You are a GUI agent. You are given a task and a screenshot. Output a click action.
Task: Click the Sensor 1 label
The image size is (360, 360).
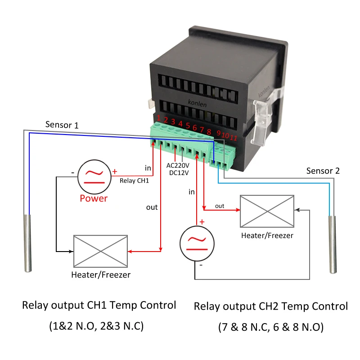pyautogui.click(x=62, y=125)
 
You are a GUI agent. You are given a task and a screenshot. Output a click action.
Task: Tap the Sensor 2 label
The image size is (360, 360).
pyautogui.click(x=323, y=171)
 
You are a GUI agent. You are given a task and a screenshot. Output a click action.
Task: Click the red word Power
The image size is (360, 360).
pyautogui.click(x=94, y=198)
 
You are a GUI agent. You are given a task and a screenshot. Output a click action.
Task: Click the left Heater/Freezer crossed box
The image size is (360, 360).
pyautogui.click(x=100, y=251)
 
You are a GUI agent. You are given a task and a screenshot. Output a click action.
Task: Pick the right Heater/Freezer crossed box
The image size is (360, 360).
pyautogui.click(x=267, y=211)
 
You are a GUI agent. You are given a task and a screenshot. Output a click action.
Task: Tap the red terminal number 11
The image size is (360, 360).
pyautogui.click(x=233, y=137)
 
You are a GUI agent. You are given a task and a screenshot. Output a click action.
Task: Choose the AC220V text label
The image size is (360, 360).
pyautogui.click(x=179, y=165)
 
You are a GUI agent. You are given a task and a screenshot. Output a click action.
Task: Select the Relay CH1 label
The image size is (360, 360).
pyautogui.click(x=134, y=181)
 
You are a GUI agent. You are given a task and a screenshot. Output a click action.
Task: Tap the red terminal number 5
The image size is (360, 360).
pyautogui.click(x=188, y=126)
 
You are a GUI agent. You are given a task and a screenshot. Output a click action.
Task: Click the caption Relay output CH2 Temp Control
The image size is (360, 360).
pyautogui.click(x=270, y=306)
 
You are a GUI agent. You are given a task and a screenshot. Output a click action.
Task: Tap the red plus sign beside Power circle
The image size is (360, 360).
pyautogui.click(x=115, y=171)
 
